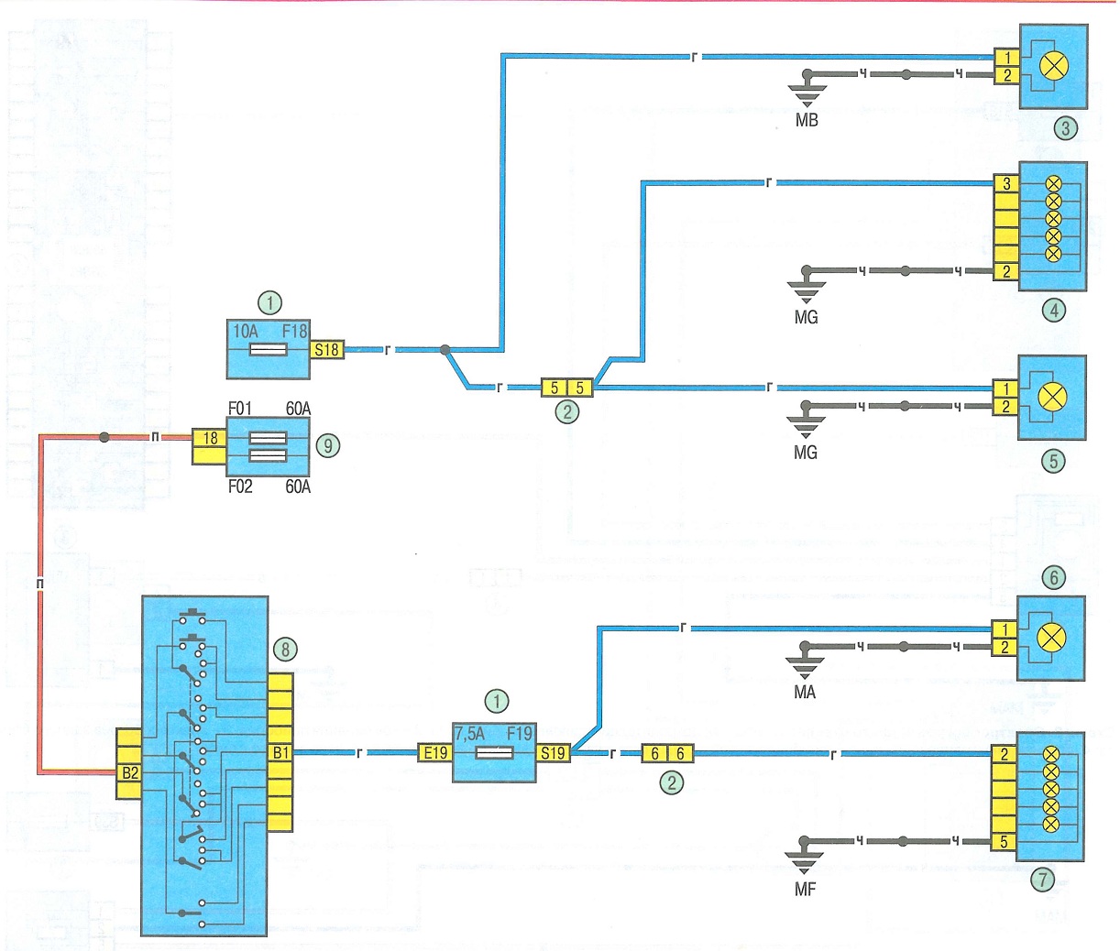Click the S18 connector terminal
(326, 350)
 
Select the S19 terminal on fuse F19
(553, 753)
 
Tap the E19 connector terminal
(435, 753)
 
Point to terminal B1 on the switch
(280, 753)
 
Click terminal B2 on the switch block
(129, 773)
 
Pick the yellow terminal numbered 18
(209, 438)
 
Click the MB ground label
(807, 120)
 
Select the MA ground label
(805, 692)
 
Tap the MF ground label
(805, 889)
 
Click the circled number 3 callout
(1066, 128)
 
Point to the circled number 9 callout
(328, 445)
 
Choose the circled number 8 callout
(286, 649)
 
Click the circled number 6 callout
(1054, 577)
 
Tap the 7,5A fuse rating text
(469, 734)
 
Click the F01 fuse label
(239, 409)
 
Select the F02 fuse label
(240, 486)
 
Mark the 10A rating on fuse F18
(245, 331)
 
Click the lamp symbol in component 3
(1053, 66)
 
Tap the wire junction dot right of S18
(445, 350)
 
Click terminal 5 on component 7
(1004, 842)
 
